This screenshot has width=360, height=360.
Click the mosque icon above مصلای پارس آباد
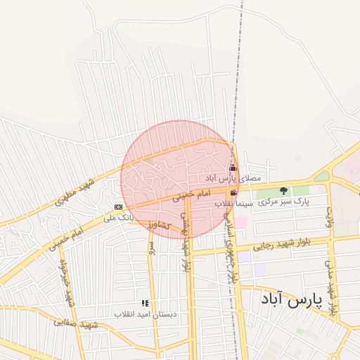point(233,168)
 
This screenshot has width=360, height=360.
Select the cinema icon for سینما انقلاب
point(233,193)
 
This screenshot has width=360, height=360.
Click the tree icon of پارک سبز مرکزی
point(284,191)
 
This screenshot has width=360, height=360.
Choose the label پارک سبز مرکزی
point(283,202)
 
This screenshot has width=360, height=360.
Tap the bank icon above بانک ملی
point(118,207)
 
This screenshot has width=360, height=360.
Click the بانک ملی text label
point(117,218)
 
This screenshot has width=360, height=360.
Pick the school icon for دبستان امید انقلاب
point(145,303)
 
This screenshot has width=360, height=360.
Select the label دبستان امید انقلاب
point(147,314)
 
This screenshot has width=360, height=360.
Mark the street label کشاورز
point(160,225)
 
